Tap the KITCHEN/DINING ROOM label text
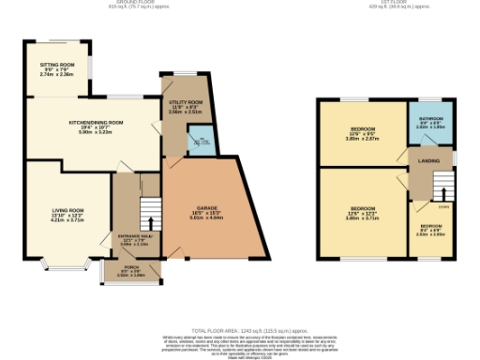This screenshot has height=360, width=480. click(x=97, y=123)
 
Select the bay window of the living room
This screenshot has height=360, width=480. click(x=65, y=266)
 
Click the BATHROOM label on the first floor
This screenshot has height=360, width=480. click(x=429, y=121)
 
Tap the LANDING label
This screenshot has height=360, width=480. click(x=430, y=160)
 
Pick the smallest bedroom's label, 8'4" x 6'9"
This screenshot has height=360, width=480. click(x=431, y=231)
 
